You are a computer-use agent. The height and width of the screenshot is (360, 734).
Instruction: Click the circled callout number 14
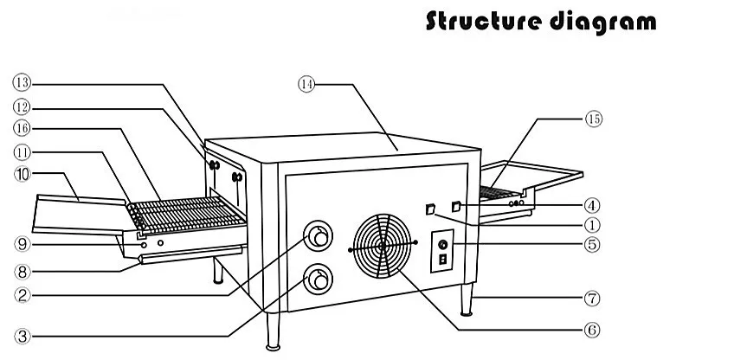click(306, 84)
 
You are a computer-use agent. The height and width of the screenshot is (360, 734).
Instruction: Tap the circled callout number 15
click(593, 118)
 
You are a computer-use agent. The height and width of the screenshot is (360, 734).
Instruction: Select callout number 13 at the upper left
click(21, 83)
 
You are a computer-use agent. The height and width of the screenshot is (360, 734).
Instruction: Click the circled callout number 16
click(21, 130)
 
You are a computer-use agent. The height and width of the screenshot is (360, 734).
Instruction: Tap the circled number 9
click(22, 243)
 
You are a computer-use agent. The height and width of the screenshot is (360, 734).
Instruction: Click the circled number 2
click(22, 295)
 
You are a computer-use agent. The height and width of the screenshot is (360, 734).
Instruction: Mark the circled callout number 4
click(590, 206)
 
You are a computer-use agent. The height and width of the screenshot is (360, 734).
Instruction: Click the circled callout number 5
click(590, 245)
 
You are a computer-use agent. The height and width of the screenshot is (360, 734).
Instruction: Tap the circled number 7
click(591, 299)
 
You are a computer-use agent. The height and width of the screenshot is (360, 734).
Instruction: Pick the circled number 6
click(590, 329)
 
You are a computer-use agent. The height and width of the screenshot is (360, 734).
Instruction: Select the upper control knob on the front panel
click(318, 235)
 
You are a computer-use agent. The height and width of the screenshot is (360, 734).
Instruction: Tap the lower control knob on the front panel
click(318, 279)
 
